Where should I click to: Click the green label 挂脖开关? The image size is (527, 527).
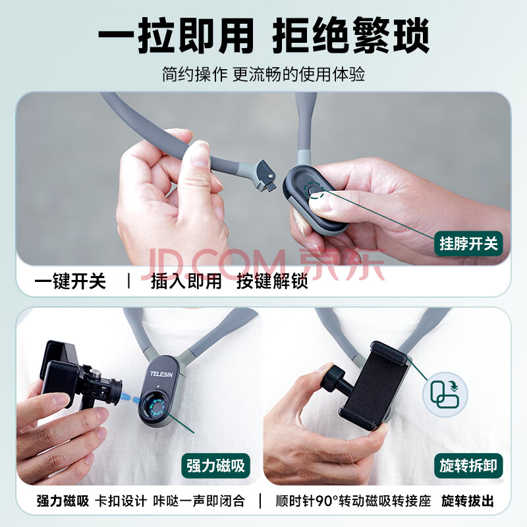[x=468, y=244]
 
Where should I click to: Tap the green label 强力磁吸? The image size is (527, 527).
[x=216, y=466]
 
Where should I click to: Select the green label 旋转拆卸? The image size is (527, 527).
[x=468, y=466]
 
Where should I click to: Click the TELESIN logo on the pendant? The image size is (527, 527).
[x=161, y=374]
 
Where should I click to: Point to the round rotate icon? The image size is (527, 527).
[x=445, y=395]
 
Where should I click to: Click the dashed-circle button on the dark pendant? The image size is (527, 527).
[x=314, y=190]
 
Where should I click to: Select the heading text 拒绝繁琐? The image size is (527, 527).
[x=350, y=36]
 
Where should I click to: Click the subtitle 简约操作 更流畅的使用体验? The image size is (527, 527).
[x=263, y=74]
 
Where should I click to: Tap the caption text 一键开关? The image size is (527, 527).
[x=70, y=281]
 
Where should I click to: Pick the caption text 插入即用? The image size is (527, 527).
[x=186, y=281]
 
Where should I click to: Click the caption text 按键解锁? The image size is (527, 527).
[x=272, y=281]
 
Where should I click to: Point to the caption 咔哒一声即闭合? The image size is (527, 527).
[x=199, y=501]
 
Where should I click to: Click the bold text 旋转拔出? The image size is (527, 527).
[x=468, y=501]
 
